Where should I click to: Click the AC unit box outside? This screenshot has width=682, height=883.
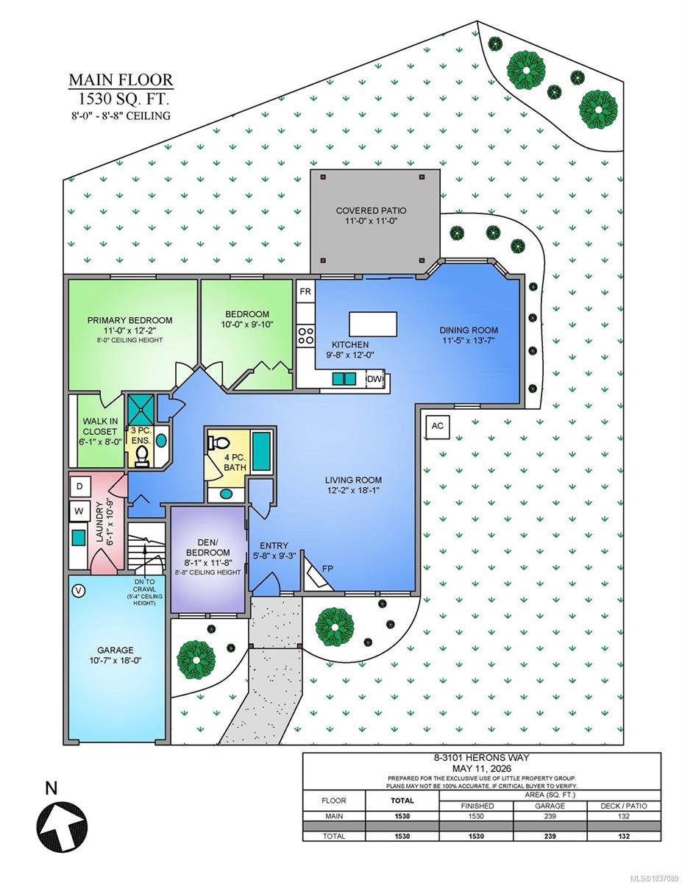[437, 426]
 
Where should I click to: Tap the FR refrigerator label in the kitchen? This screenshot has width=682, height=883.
[305, 291]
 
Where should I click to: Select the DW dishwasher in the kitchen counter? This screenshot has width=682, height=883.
[374, 379]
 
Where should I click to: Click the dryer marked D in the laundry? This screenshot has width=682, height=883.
[79, 486]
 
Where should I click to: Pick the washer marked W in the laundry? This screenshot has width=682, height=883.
[79, 511]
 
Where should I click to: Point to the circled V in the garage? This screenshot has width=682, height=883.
[79, 591]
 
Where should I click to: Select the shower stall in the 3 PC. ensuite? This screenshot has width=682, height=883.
[141, 409]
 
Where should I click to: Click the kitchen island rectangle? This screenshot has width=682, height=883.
[373, 324]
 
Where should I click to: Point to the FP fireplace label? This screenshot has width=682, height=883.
[327, 569]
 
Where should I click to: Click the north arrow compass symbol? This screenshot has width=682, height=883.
[62, 826]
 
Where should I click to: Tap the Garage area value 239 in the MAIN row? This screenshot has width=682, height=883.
[550, 815]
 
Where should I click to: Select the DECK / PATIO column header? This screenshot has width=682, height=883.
[623, 806]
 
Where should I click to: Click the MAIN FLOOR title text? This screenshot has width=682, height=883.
[121, 79]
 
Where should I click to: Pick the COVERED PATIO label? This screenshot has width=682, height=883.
[371, 210]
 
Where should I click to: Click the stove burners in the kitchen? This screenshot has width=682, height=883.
[306, 336]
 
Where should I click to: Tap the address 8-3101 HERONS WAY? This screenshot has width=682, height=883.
[481, 757]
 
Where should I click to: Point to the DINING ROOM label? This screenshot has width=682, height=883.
[469, 330]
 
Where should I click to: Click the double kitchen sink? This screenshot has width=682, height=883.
[344, 379]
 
